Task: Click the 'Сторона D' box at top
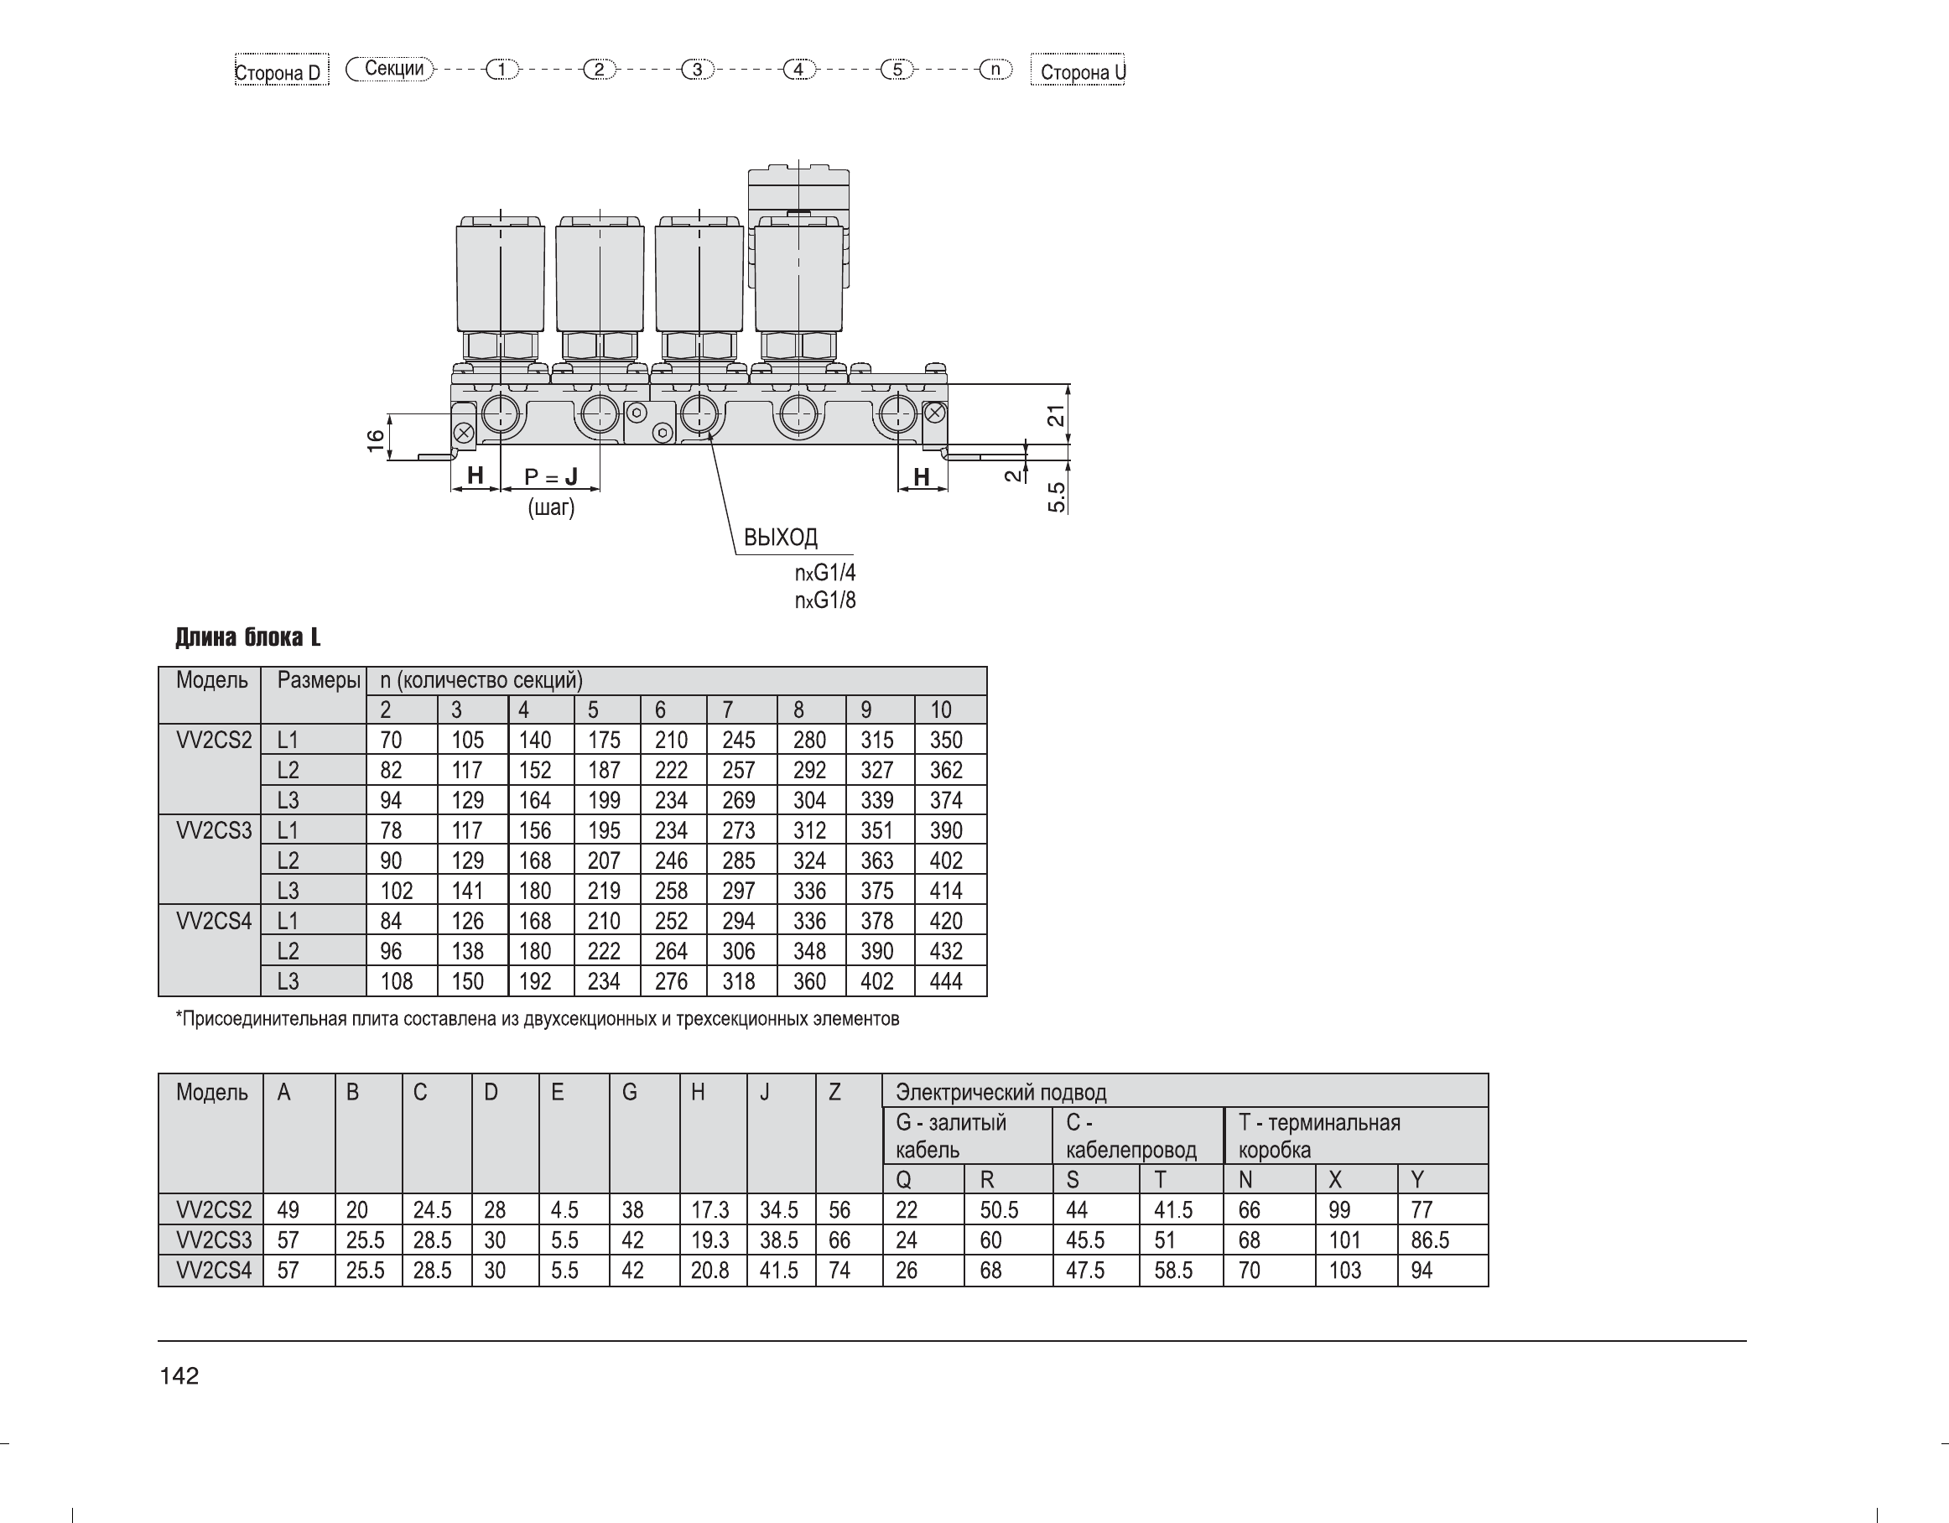(x=281, y=70)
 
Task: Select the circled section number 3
(x=697, y=69)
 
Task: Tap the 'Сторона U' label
(x=1078, y=70)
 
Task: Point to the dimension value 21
(x=1057, y=415)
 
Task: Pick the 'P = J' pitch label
(x=551, y=477)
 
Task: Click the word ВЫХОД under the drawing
(x=781, y=537)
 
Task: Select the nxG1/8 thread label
(x=825, y=600)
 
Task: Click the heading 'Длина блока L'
(x=248, y=637)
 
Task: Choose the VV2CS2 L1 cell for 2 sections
(x=391, y=740)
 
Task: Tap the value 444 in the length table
(x=946, y=981)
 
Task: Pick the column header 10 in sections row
(x=942, y=710)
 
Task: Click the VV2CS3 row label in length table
(x=214, y=830)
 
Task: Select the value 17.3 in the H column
(x=710, y=1210)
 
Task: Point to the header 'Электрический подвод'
(x=1001, y=1092)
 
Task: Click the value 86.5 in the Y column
(x=1431, y=1240)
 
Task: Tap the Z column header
(x=834, y=1092)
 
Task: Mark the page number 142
(x=179, y=1375)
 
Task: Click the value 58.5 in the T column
(x=1173, y=1271)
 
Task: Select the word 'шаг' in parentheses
(x=552, y=507)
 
